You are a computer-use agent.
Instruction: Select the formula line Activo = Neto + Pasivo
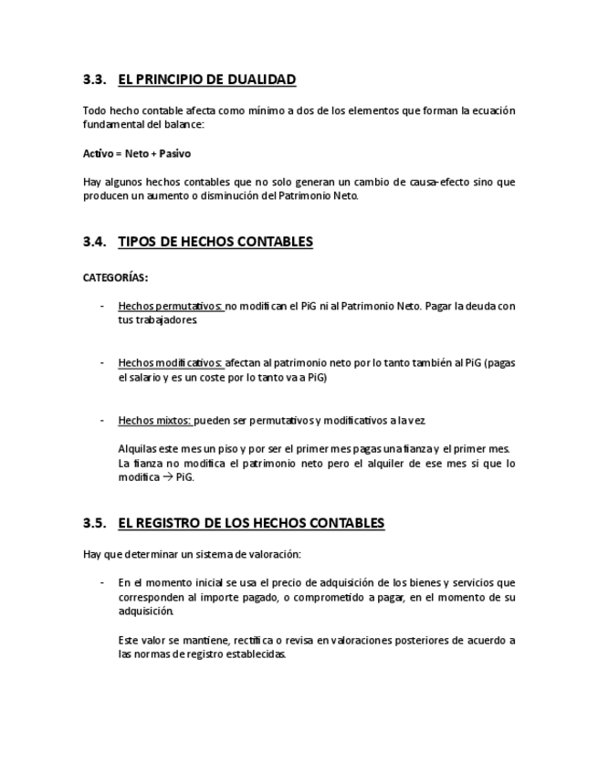point(137,153)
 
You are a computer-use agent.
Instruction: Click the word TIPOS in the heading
point(137,242)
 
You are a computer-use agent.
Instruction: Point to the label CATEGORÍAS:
point(116,277)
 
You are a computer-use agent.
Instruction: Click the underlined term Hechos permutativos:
point(171,306)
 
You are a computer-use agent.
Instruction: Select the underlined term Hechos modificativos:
point(171,362)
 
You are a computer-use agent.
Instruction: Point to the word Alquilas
point(138,448)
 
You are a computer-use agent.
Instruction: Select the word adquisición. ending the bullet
point(146,611)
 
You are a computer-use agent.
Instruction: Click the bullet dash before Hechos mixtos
point(102,421)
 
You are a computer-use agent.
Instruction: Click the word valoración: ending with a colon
point(273,554)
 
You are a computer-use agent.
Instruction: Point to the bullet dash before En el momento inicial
point(102,582)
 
